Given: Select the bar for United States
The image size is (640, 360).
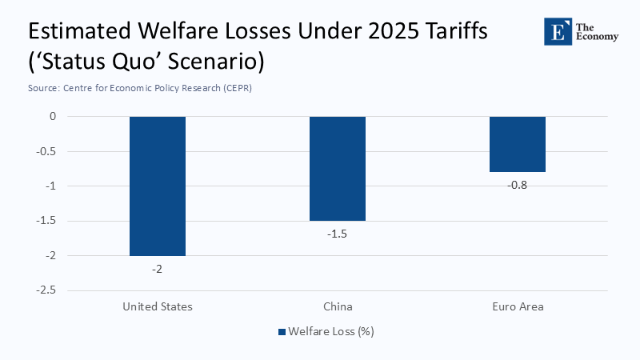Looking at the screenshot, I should click(x=158, y=186).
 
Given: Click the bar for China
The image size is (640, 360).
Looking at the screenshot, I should click(x=338, y=168).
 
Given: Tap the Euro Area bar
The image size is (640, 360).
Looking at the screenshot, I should click(x=518, y=144).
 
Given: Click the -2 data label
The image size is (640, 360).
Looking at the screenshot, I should click(x=158, y=269).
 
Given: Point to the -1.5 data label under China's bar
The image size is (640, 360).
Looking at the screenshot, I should click(x=338, y=234).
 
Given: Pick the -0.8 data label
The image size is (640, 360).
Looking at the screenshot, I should click(x=518, y=185).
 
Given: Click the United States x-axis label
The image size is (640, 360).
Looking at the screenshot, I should click(x=158, y=306).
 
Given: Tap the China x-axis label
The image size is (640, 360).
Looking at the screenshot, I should click(x=338, y=306).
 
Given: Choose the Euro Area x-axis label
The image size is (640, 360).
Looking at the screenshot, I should click(x=518, y=306).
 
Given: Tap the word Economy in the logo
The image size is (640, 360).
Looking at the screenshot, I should click(x=602, y=37).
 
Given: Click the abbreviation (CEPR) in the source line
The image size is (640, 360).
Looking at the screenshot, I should click(x=237, y=88).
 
